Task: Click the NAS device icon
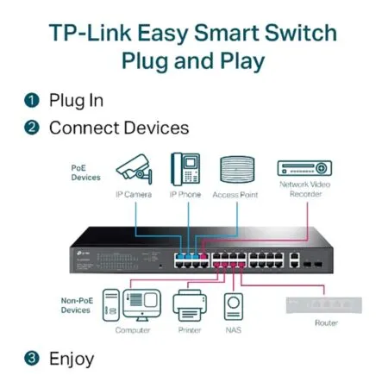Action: [234, 306]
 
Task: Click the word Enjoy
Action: [72, 357]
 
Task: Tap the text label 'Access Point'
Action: [235, 195]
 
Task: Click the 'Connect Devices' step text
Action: [118, 128]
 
